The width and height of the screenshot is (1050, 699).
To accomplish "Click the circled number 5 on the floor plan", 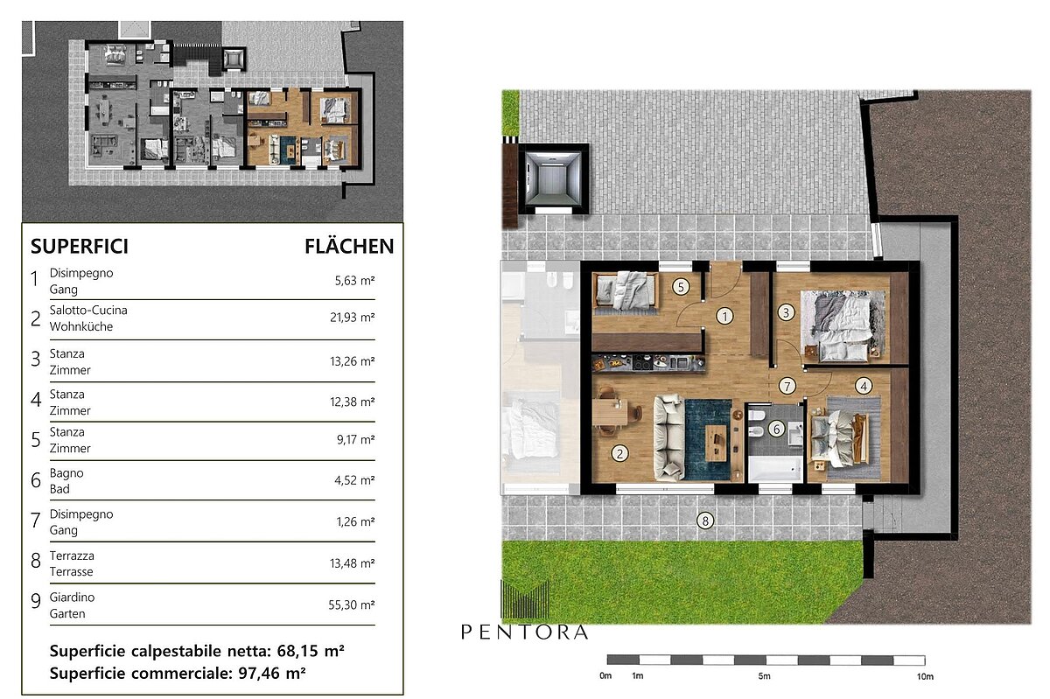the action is coord(681,287).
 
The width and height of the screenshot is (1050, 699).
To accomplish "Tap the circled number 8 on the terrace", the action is coord(705,521).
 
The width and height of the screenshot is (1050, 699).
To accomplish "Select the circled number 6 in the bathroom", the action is coord(776,429).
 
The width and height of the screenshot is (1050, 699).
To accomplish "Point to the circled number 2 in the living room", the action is coord(619,453).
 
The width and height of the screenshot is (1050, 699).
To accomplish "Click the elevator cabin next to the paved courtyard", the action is coord(553,179).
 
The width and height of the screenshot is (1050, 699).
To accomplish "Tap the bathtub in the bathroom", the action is coord(776,469).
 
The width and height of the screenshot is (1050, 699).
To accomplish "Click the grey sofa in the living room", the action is coord(668,437).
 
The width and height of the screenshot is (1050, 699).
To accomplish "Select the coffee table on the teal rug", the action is coord(716,443).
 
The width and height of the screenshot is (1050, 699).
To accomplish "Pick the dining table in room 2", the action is coord(610,413).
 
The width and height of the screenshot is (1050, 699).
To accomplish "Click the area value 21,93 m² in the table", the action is coord(352,318).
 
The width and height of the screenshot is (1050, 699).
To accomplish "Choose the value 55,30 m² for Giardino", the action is coord(352,605).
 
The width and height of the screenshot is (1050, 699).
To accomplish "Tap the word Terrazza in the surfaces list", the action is coord(72,556).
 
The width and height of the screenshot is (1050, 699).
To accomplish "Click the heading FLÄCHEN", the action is coord(349,247).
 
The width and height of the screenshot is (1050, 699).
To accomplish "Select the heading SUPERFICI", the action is coord(80,247).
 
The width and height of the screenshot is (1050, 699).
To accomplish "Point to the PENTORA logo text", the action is coord(524,632).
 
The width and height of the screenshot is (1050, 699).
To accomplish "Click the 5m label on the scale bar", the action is coord(764,676).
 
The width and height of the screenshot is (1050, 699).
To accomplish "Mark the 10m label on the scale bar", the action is coord(925,676).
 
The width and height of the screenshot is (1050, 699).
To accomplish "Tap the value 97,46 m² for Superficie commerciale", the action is coord(272,674).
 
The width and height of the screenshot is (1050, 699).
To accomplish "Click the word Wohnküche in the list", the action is coord(81,326).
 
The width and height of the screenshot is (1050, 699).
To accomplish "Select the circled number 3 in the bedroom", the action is coord(786,312).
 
